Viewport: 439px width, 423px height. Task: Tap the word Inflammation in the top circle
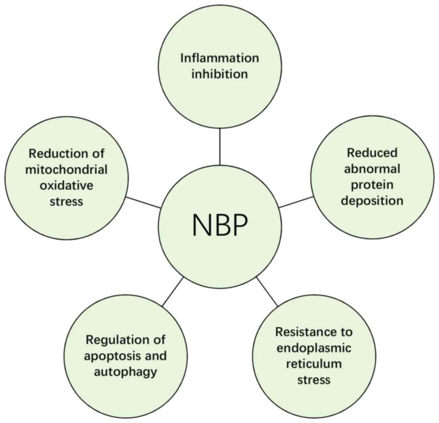220,58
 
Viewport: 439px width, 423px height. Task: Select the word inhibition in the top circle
220,74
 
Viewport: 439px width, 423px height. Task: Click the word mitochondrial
66,169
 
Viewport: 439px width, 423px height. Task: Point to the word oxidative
66,185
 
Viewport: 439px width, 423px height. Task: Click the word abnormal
372,169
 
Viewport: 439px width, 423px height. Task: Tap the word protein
372,185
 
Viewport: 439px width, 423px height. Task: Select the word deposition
372,200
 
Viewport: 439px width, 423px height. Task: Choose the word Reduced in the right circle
372,153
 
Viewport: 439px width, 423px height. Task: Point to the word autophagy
125,372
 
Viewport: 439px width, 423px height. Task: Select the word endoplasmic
314,348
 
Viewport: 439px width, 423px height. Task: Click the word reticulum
314,364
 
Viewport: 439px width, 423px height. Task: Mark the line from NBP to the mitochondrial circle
144,202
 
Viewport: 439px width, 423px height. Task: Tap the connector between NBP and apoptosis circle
172,291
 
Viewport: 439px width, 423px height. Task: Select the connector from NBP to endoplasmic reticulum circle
267,291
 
